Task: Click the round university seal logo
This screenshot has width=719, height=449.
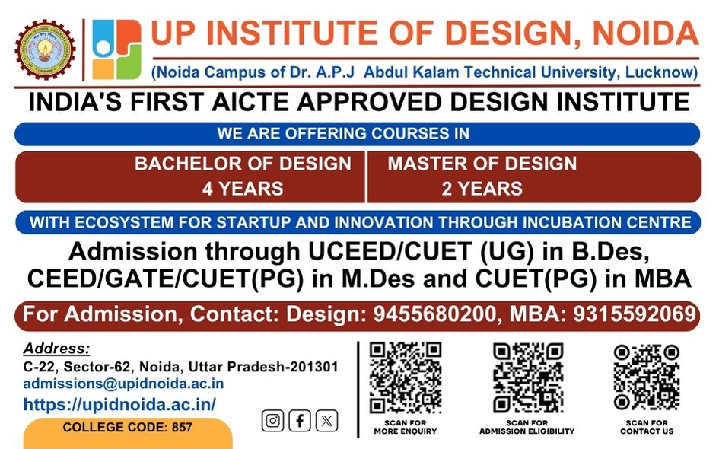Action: click(x=45, y=49)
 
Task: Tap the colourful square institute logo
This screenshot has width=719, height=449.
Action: click(x=116, y=49)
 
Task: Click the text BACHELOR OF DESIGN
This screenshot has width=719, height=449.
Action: click(x=243, y=164)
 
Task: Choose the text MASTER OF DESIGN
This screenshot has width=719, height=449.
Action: click(x=482, y=164)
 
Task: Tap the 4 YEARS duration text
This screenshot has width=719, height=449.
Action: click(x=243, y=189)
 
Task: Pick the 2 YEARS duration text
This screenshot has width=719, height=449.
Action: click(x=482, y=189)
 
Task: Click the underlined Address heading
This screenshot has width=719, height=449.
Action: click(x=57, y=349)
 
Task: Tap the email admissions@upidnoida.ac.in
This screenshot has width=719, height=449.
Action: click(x=123, y=384)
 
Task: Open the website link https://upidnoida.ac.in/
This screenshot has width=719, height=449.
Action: click(x=119, y=404)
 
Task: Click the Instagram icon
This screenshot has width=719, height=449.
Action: click(x=272, y=421)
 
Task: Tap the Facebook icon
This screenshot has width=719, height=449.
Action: click(x=300, y=421)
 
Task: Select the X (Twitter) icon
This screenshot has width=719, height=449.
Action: click(x=326, y=421)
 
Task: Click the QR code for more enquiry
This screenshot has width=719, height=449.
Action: click(x=405, y=377)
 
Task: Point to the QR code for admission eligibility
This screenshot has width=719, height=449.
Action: click(x=527, y=377)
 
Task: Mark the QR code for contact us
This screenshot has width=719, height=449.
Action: click(x=646, y=377)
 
